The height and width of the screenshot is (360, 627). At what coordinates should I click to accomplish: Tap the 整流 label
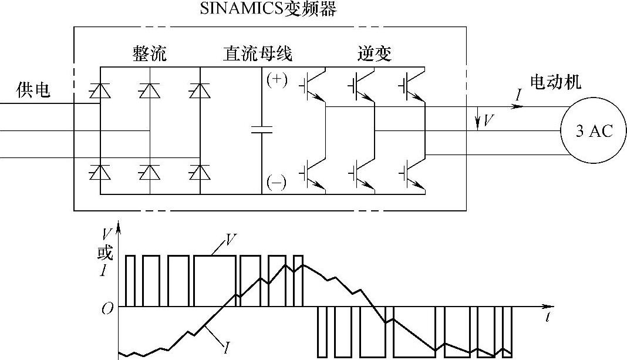(x=149, y=54)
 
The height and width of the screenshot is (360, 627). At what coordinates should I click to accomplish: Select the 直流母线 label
(x=257, y=54)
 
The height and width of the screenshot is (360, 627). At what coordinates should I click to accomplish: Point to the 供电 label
(x=33, y=90)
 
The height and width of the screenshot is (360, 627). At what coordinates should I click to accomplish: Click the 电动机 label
(x=555, y=82)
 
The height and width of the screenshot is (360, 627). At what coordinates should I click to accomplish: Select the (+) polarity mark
(x=277, y=80)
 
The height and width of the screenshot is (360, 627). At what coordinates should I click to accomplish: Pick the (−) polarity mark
(x=277, y=183)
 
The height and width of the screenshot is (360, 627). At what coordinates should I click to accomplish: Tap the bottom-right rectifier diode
(x=200, y=172)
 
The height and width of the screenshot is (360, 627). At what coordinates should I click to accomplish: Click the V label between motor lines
(x=487, y=122)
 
